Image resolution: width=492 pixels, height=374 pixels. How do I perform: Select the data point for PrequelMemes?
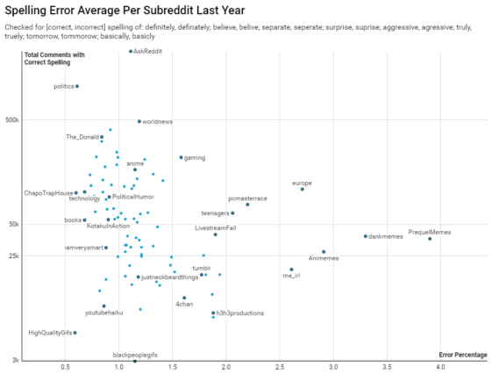click(x=430, y=239)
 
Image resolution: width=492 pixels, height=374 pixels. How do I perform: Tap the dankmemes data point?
click(x=366, y=236)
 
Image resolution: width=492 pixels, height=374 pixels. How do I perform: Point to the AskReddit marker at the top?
click(x=131, y=52)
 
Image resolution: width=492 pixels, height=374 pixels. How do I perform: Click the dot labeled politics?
click(x=77, y=86)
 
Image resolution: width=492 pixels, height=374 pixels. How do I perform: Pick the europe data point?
click(x=303, y=189)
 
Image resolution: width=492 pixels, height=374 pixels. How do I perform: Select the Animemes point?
click(x=324, y=252)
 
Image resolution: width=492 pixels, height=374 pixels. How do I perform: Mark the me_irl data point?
click(x=292, y=270)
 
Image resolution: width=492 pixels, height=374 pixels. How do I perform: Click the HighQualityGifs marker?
click(x=75, y=333)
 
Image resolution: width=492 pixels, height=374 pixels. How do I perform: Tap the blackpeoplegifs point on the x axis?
click(x=135, y=361)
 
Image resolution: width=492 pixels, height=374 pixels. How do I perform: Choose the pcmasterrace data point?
click(x=247, y=205)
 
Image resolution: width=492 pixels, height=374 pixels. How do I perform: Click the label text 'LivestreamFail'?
click(x=216, y=227)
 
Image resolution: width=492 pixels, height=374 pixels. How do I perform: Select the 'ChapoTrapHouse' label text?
click(x=48, y=192)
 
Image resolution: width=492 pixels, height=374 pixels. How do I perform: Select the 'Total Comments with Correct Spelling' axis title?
click(x=55, y=60)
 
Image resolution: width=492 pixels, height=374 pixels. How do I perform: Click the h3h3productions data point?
click(x=213, y=313)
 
